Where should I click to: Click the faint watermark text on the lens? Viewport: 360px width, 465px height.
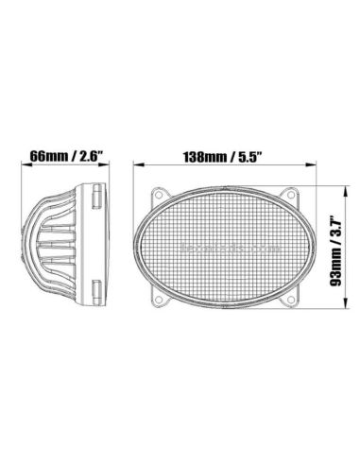tap(224, 243)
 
